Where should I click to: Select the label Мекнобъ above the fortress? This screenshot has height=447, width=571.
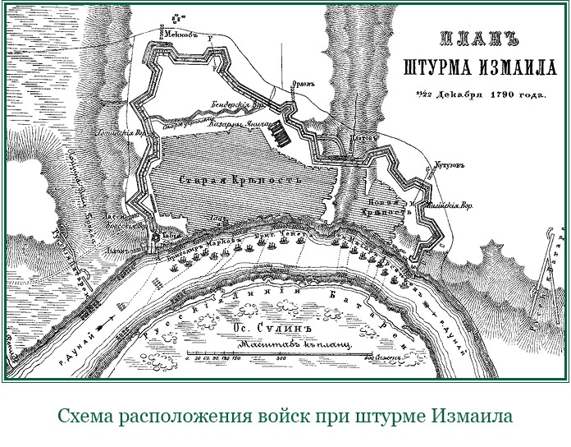point(179,35)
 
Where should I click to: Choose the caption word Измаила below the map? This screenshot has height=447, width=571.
point(469,416)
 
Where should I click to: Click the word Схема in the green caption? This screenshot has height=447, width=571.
point(87,416)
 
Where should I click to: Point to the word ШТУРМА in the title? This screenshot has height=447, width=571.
point(436,65)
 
